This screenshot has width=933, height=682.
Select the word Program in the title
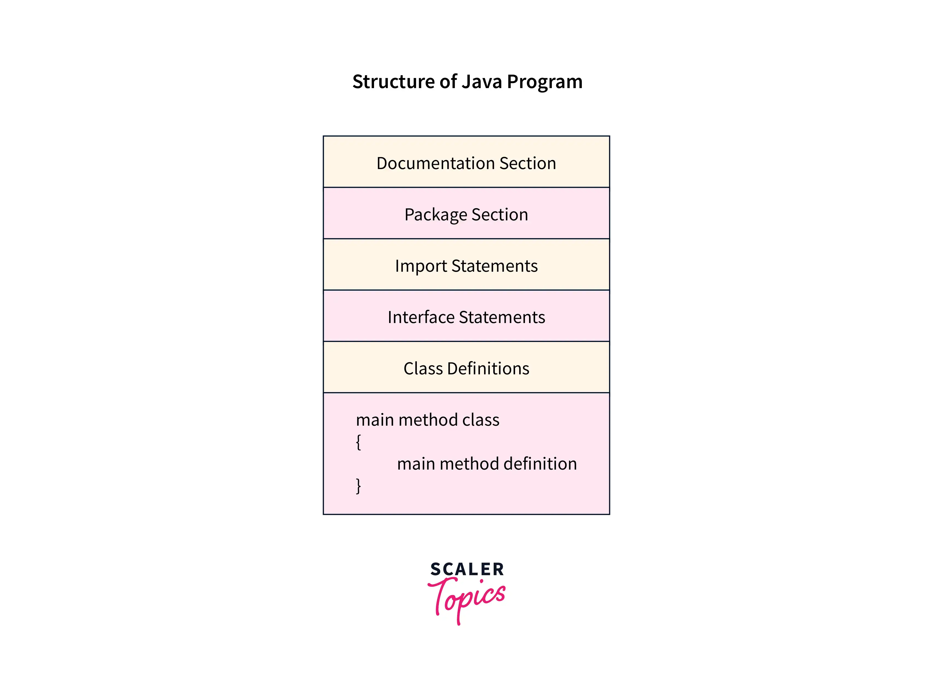[544, 83]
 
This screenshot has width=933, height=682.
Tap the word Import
[421, 266]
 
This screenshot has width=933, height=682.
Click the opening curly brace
[358, 442]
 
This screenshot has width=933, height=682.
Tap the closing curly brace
[358, 486]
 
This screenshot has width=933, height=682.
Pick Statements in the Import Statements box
[494, 266]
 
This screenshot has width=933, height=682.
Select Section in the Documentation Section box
[528, 164]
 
